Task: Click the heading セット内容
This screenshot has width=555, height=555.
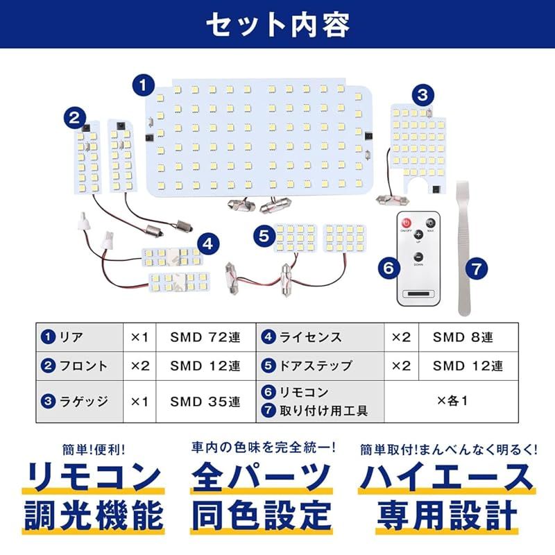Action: tap(277, 24)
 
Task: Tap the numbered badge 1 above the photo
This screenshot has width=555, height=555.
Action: tap(142, 86)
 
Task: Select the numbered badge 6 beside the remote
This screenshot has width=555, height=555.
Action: tap(388, 266)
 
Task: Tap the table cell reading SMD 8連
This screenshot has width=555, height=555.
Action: tap(463, 338)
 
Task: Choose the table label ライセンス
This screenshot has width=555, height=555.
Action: tap(309, 338)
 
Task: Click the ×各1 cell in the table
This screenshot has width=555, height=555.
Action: tap(452, 400)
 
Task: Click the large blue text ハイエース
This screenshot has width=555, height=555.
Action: tap(445, 477)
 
